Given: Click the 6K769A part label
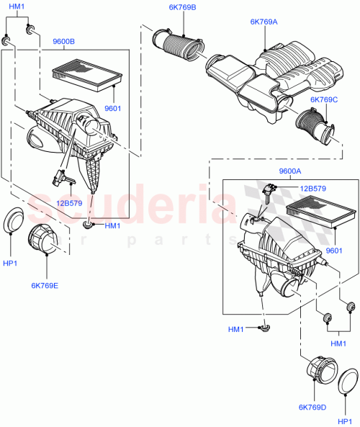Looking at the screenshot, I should [264, 22].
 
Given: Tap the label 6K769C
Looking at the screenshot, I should [324, 99].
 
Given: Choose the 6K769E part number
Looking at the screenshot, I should [45, 286].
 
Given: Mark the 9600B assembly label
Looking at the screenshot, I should [64, 42].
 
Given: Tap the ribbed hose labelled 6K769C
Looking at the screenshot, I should [315, 128].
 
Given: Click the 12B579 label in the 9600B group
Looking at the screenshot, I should [68, 204].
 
